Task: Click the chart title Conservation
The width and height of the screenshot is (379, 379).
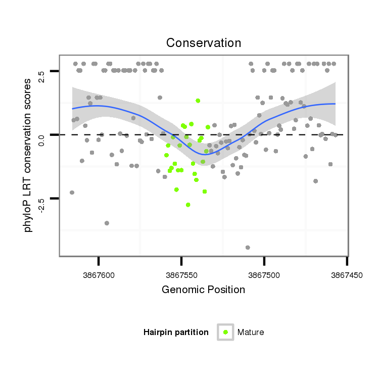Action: (204, 43)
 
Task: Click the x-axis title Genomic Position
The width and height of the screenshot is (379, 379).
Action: (203, 290)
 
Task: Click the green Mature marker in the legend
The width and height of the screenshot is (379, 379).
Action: (225, 332)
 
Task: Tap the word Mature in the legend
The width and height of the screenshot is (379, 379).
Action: (251, 332)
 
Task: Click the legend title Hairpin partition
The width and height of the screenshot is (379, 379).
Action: (176, 332)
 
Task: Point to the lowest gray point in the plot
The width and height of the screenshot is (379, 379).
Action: (248, 247)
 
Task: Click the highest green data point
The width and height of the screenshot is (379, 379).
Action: (198, 101)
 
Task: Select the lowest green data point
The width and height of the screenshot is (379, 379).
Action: (188, 205)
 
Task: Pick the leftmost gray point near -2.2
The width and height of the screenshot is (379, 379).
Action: (72, 193)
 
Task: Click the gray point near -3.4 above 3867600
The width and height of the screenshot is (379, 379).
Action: (107, 223)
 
